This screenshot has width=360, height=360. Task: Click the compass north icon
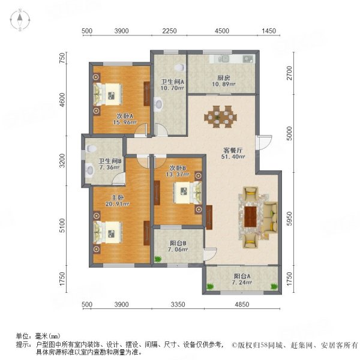(19, 20)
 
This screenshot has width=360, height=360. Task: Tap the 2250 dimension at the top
(169, 31)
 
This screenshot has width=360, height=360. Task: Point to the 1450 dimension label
(268, 31)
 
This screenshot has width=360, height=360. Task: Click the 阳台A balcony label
(242, 277)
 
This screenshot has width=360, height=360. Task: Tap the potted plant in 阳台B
(158, 259)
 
